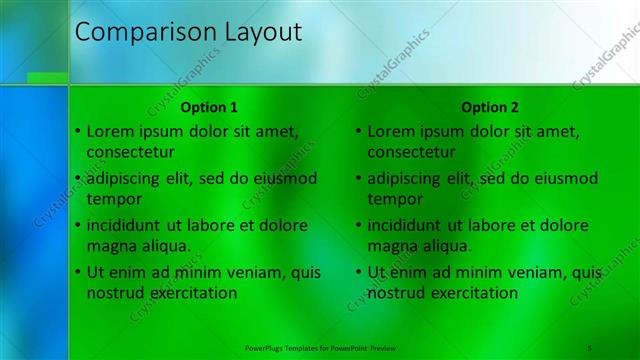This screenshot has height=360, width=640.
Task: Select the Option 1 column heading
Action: pyautogui.click(x=209, y=107)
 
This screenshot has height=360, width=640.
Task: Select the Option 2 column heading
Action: pyautogui.click(x=490, y=107)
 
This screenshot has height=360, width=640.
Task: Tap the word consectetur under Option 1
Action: pyautogui.click(x=131, y=152)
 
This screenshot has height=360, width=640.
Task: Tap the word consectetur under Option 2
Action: pyautogui.click(x=412, y=152)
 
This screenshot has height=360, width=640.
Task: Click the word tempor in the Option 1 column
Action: pyautogui.click(x=114, y=199)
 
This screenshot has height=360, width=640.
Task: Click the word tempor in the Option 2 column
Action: pyautogui.click(x=395, y=199)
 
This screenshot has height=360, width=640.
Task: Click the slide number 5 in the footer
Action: pyautogui.click(x=590, y=347)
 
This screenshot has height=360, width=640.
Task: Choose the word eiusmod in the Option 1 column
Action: pyautogui.click(x=285, y=178)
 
